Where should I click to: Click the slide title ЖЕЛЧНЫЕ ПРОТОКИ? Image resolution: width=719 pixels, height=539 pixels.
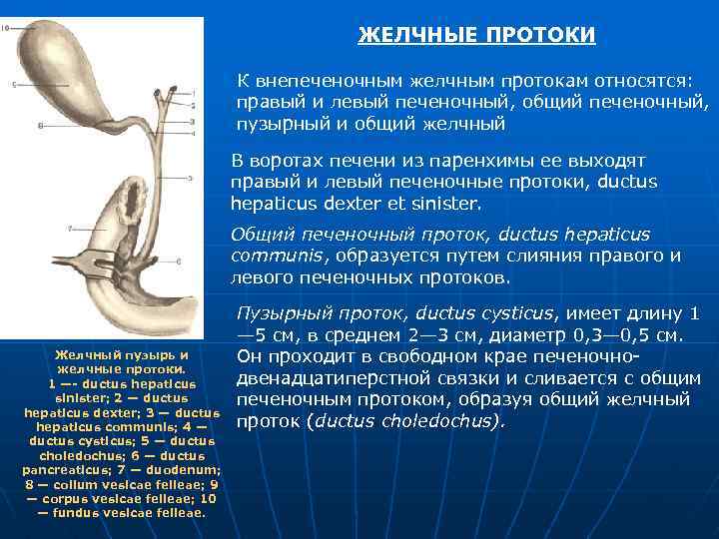pyautogui.click(x=476, y=36)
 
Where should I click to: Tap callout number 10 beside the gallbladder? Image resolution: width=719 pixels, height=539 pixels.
pyautogui.click(x=7, y=29)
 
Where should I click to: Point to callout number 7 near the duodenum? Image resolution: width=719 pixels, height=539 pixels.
pyautogui.click(x=70, y=229)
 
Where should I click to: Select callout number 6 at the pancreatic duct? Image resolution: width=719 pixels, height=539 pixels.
pyautogui.click(x=178, y=262)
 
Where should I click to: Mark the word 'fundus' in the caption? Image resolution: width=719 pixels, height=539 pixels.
pyautogui.click(x=80, y=512)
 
